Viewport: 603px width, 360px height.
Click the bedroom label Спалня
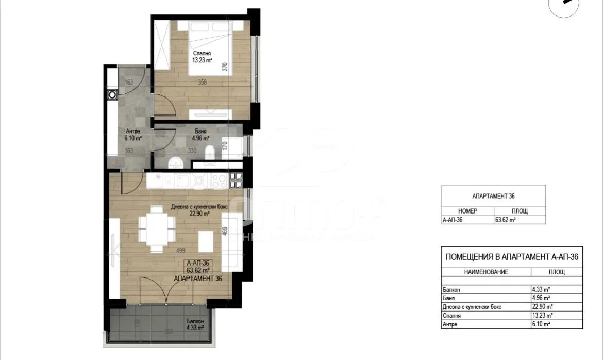click(x=202, y=53)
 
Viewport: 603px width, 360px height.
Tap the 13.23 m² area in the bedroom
click(x=202, y=60)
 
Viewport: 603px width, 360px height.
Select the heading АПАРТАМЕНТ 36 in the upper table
click(x=493, y=196)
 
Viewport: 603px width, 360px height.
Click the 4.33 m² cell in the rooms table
click(x=541, y=289)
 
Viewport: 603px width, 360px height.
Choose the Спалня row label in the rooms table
click(x=452, y=315)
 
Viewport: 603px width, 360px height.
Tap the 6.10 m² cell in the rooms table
click(x=541, y=324)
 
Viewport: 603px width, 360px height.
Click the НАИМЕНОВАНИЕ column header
click(x=486, y=272)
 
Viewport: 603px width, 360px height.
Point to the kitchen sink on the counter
click(x=183, y=181)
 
